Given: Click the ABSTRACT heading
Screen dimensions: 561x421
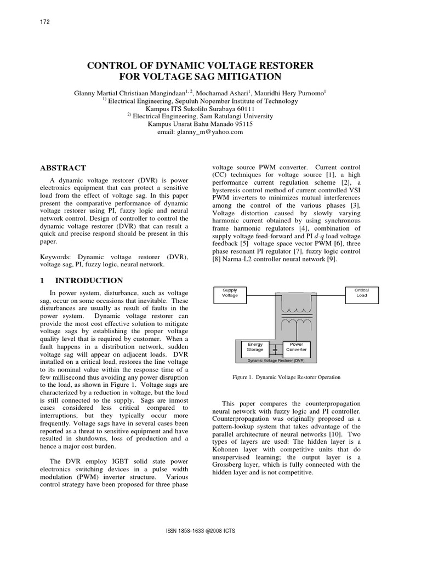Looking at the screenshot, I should pos(64,168).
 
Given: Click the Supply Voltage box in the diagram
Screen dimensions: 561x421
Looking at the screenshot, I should pos(230,293).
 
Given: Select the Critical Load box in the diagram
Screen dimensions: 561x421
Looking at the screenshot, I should pos(361,293).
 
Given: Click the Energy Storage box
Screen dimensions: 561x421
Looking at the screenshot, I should pos(255,347).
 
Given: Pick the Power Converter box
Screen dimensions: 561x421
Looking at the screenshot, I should pos(296,347).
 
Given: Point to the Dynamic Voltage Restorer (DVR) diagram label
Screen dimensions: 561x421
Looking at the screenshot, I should pos(276,360).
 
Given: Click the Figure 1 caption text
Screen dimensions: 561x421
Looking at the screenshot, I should pos(287,377).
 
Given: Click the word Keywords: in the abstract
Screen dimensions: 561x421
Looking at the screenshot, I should pos(58,256).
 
